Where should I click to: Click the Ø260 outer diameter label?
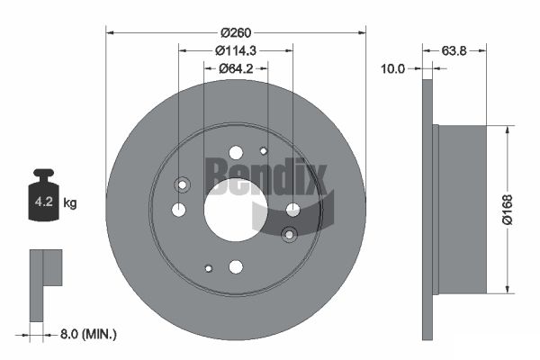tap(236, 32)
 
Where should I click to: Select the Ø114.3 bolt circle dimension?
tap(236, 50)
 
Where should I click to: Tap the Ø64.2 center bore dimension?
tap(236, 68)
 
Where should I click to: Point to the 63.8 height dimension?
tap(454, 50)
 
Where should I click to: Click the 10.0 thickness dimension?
tap(392, 69)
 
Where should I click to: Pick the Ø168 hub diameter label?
tap(508, 210)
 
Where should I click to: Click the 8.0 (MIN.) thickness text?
tap(88, 334)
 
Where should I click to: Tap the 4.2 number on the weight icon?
tap(44, 202)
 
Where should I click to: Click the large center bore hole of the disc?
tap(236, 210)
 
